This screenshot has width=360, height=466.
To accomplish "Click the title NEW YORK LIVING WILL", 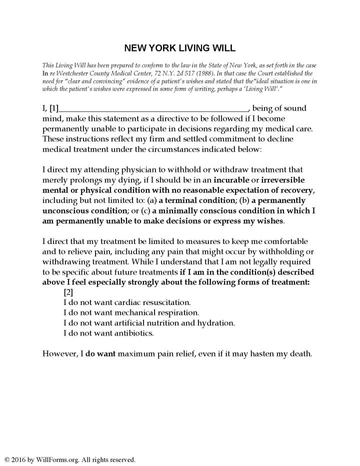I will pyautogui.click(x=180, y=48).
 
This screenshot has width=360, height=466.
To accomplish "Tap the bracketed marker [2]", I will pyautogui.click(x=68, y=292).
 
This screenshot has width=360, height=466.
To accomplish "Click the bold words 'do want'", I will pyautogui.click(x=101, y=353).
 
